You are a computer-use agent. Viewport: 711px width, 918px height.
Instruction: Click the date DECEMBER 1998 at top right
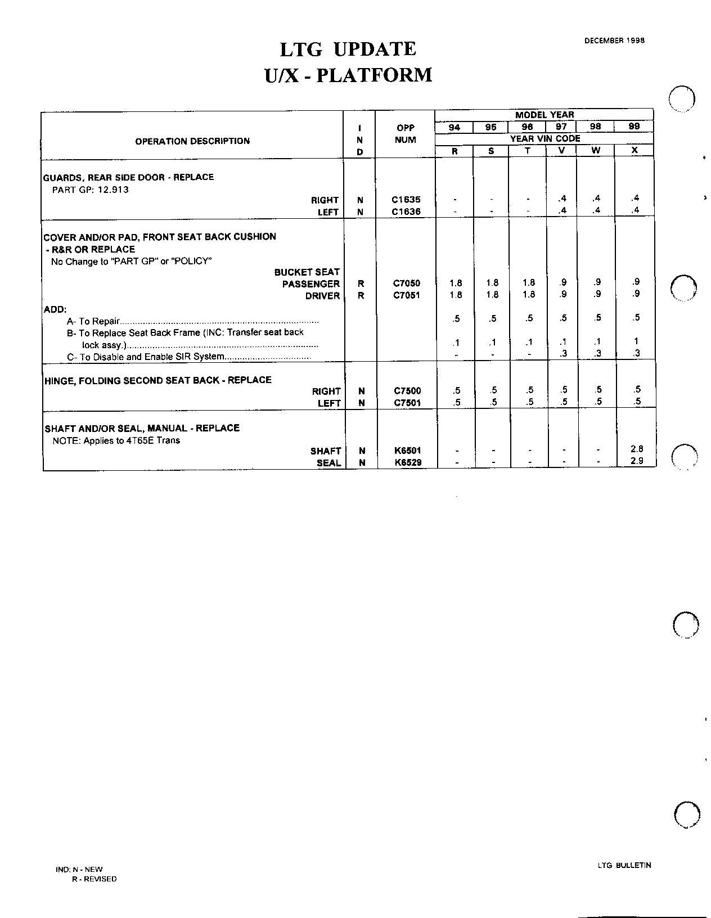[614, 40]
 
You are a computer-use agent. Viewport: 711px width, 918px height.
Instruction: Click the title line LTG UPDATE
[348, 49]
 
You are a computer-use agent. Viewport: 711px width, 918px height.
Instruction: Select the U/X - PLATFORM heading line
[348, 75]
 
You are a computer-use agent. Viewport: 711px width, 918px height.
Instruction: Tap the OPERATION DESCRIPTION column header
[192, 141]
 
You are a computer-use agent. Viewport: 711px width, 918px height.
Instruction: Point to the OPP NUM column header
[406, 134]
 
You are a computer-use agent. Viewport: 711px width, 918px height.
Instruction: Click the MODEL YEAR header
[544, 115]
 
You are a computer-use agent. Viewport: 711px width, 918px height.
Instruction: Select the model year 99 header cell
[634, 127]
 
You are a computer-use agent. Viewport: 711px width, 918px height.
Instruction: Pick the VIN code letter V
[561, 151]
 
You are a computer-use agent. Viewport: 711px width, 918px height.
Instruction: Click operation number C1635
[406, 200]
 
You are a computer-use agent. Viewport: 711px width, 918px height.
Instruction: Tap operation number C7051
[406, 295]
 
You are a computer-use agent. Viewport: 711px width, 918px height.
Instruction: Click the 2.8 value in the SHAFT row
[636, 449]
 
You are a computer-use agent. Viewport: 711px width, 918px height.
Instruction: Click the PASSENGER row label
[311, 284]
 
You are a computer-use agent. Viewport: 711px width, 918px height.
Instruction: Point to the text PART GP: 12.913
[90, 190]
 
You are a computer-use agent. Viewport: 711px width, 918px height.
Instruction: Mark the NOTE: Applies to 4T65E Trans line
[116, 440]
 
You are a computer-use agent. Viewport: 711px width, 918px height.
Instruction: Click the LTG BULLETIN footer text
[624, 866]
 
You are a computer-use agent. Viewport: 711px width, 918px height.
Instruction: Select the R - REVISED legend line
[94, 879]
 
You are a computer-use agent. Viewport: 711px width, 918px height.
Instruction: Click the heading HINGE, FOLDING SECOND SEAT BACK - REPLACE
[158, 380]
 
